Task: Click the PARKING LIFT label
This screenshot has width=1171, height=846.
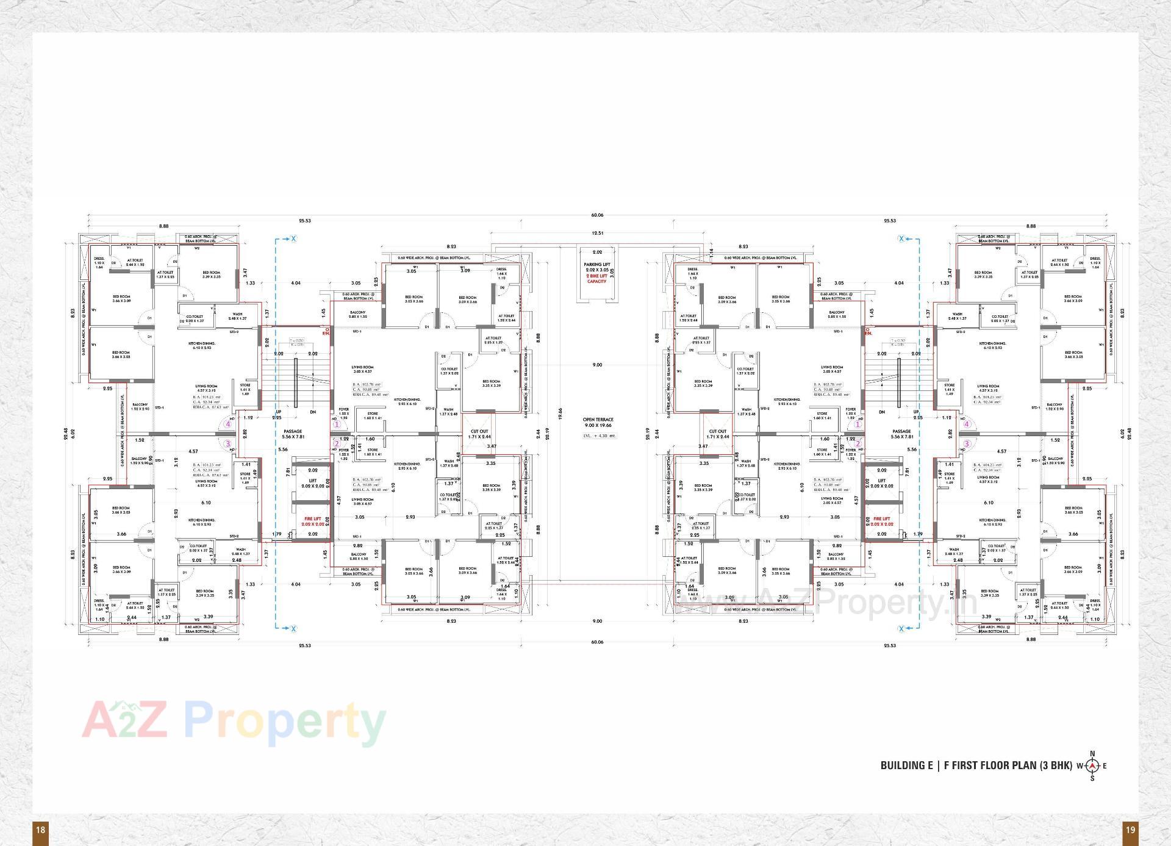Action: pyautogui.click(x=597, y=265)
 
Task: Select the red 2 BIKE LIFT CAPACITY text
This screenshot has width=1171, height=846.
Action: pyautogui.click(x=597, y=278)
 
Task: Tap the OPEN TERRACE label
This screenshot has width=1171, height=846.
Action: pyautogui.click(x=598, y=420)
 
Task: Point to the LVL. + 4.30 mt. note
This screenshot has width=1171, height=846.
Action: pyautogui.click(x=600, y=436)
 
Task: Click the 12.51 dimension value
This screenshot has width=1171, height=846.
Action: pyautogui.click(x=597, y=233)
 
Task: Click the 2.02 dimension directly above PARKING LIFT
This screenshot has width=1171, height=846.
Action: pyautogui.click(x=597, y=252)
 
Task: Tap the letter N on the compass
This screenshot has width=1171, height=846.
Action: pyautogui.click(x=1092, y=753)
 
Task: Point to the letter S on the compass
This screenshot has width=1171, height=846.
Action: pyautogui.click(x=1092, y=778)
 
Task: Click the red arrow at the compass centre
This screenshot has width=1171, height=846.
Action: pyautogui.click(x=1092, y=766)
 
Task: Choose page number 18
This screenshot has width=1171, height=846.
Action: pyautogui.click(x=40, y=830)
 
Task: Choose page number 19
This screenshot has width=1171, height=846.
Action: pyautogui.click(x=1130, y=830)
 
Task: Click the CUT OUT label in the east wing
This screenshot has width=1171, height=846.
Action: pyautogui.click(x=717, y=431)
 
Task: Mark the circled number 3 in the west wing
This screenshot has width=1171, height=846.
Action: pyautogui.click(x=227, y=443)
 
